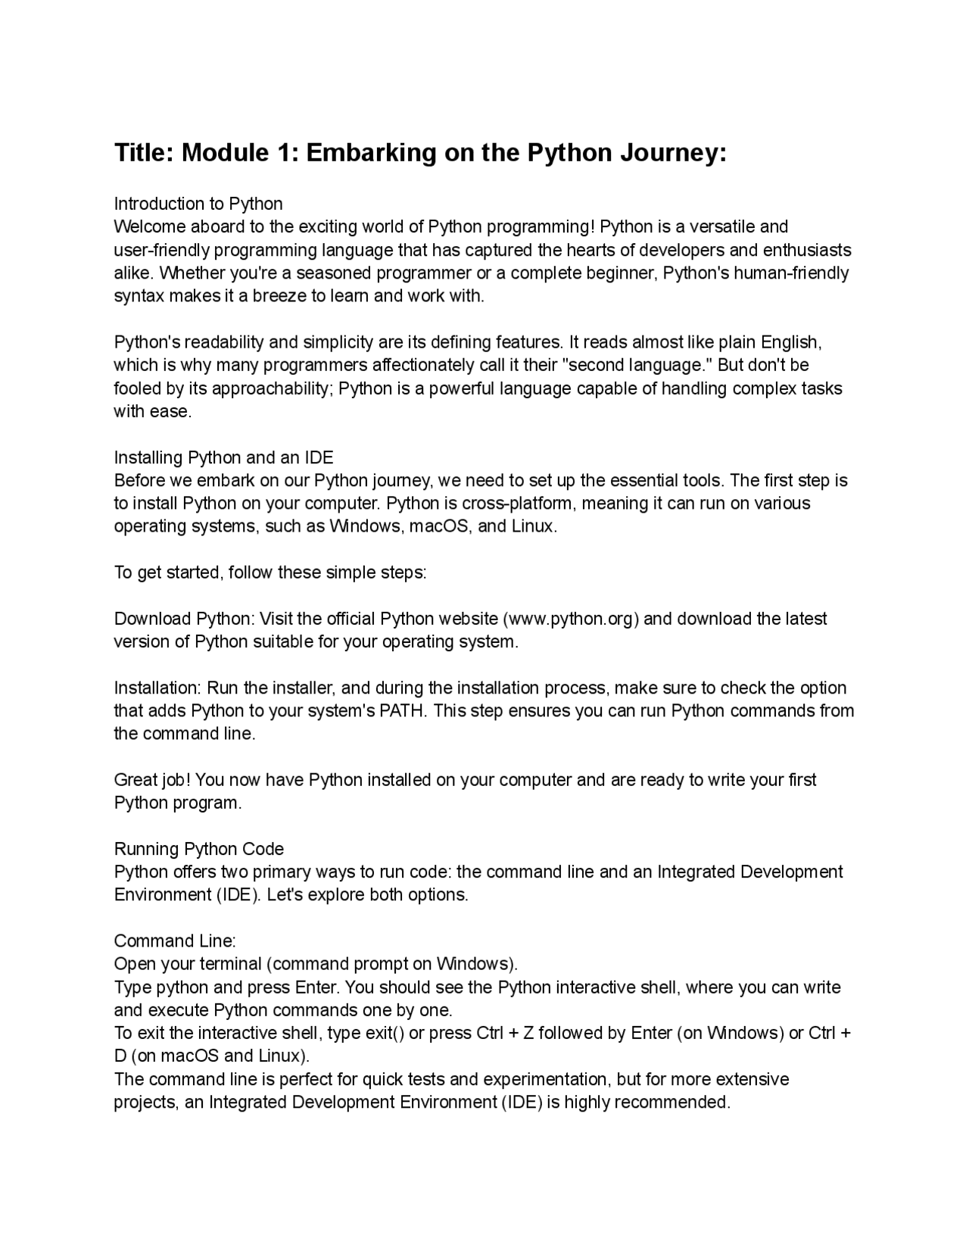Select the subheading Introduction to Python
[x=198, y=204]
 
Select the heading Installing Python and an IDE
[x=223, y=457]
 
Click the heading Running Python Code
[x=199, y=849]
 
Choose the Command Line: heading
[x=175, y=941]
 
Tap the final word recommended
[x=672, y=1102]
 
